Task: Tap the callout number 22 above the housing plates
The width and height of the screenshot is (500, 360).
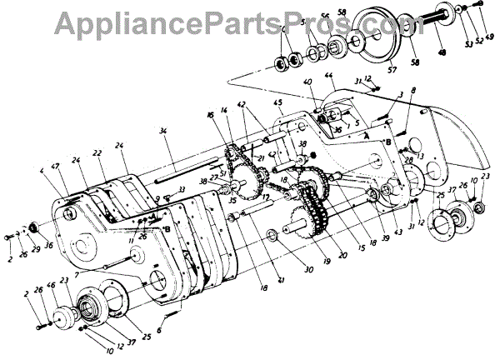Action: (97, 153)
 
